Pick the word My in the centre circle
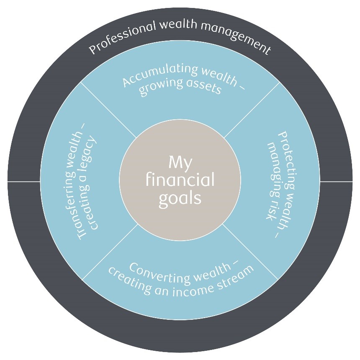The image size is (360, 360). click(180, 162)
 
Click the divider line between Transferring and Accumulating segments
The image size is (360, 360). click(108, 110)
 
